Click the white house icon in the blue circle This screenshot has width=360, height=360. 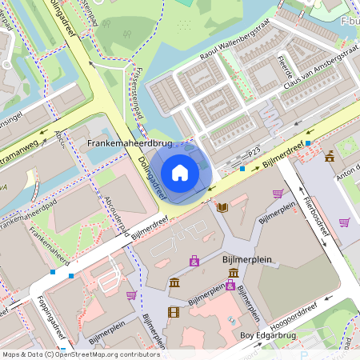[180, 172]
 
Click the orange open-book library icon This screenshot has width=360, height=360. [222, 208]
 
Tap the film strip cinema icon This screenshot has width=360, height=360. [174, 312]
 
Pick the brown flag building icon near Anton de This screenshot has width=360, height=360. [330, 156]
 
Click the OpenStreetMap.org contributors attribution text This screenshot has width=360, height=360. [107, 354]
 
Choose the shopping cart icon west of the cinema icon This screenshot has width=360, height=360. [131, 295]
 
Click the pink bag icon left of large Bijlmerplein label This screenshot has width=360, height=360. [194, 260]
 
